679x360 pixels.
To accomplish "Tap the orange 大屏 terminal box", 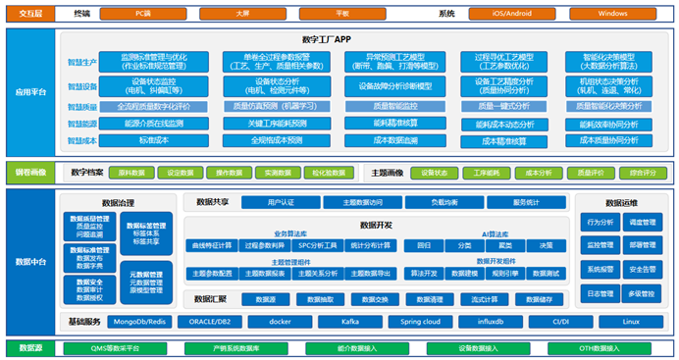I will (x=241, y=14).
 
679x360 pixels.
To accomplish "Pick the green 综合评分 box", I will (x=644, y=173).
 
